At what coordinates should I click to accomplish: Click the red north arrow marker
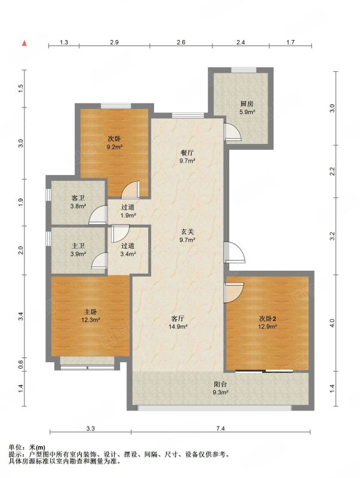click(x=24, y=43)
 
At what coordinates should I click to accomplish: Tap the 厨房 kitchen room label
click(x=247, y=104)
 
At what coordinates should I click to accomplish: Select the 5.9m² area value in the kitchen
click(x=247, y=112)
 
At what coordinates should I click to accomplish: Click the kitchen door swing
click(x=232, y=131)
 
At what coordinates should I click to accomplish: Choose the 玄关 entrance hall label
click(x=187, y=232)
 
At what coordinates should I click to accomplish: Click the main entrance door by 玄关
click(x=234, y=252)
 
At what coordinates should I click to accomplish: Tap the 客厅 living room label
click(x=177, y=319)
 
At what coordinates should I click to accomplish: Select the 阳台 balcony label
click(x=220, y=385)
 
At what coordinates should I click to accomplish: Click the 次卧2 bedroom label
click(x=267, y=319)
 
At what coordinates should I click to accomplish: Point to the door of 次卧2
click(x=233, y=293)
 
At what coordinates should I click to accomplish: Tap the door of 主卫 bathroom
click(x=100, y=261)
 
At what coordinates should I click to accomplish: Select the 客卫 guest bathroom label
click(x=78, y=198)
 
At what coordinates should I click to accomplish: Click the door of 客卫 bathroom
click(x=98, y=215)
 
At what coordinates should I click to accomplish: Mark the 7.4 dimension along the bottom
click(x=220, y=428)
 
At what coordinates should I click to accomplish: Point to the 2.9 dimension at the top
click(x=114, y=42)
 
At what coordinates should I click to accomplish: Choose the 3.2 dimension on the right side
click(x=333, y=236)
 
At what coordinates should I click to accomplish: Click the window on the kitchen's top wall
click(x=244, y=70)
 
